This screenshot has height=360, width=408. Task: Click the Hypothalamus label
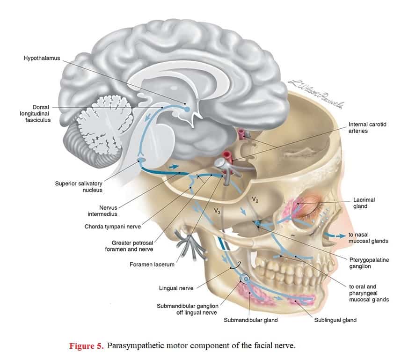42,58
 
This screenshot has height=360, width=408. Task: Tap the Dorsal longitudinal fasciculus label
36,113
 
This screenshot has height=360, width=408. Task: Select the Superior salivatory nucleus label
79,187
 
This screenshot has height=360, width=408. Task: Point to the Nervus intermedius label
102,211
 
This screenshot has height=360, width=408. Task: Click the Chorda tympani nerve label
112,227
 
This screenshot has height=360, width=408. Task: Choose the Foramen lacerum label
152,264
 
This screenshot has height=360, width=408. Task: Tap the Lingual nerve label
176,288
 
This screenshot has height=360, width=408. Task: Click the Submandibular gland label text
251,320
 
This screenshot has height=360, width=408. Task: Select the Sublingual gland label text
335,320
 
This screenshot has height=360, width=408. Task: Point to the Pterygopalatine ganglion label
369,263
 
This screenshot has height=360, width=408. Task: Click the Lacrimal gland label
364,203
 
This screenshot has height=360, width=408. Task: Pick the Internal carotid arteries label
367,127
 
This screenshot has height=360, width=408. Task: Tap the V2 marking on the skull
255,199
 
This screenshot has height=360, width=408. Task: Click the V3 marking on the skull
217,211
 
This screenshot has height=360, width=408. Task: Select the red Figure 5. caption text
87,345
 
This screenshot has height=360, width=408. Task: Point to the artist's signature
316,94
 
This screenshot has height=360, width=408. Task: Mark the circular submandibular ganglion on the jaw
245,279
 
